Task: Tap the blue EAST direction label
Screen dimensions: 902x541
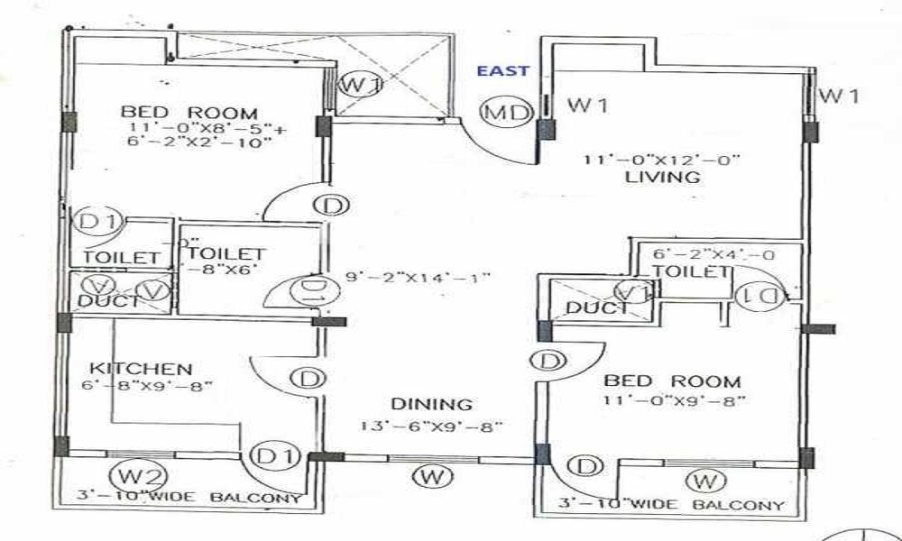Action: tap(503, 71)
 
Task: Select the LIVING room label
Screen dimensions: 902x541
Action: tap(662, 177)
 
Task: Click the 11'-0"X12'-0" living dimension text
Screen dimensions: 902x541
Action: tap(662, 160)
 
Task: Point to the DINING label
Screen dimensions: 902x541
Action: tap(431, 405)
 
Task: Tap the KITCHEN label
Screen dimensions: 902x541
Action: tap(140, 369)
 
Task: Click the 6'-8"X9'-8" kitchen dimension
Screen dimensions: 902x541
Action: tap(147, 387)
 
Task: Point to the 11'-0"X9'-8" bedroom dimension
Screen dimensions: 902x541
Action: tap(672, 399)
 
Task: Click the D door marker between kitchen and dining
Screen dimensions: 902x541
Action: tap(308, 378)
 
